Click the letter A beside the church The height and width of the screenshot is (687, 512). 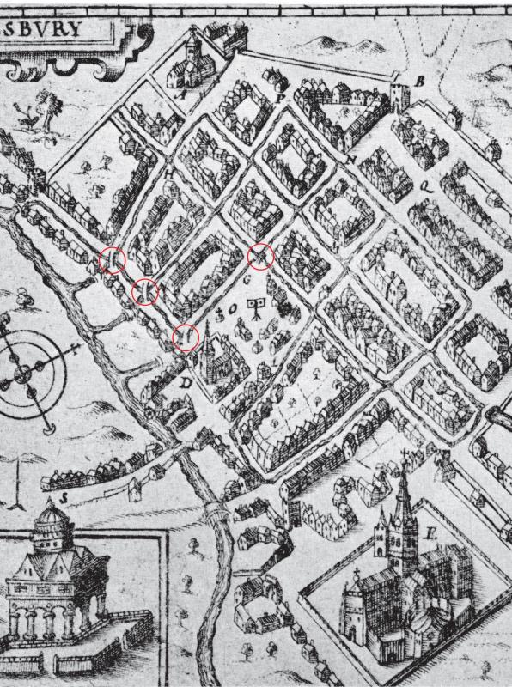(181, 95)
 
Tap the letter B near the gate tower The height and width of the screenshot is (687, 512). (420, 82)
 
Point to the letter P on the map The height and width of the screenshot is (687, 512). (280, 98)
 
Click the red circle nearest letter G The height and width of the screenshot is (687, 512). (261, 256)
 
